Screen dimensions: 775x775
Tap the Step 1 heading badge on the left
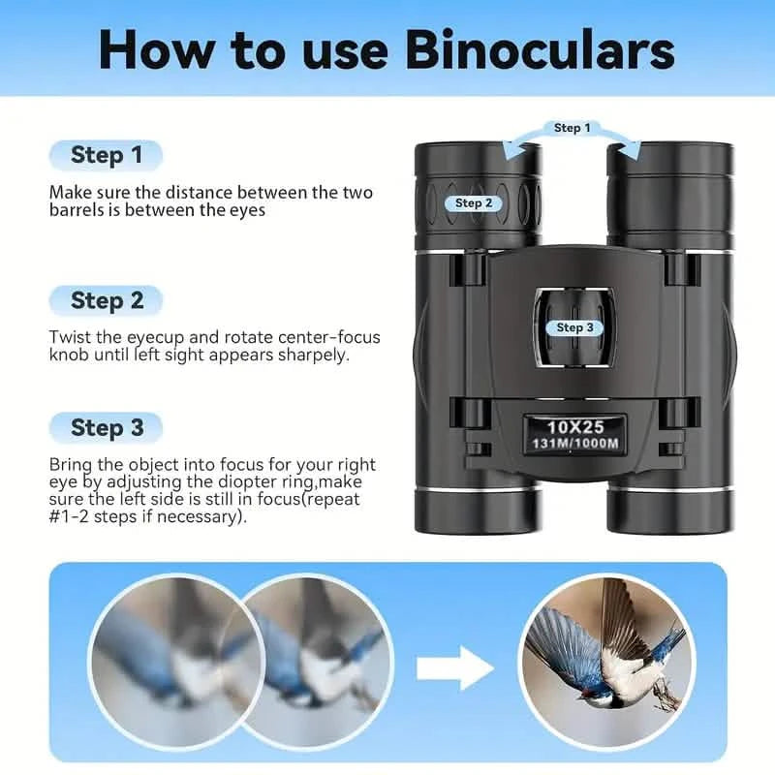[x=106, y=155]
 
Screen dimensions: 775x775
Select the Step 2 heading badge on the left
[x=106, y=300]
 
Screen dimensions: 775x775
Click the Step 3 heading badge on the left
[x=106, y=427]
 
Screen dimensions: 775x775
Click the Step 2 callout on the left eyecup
[x=475, y=203]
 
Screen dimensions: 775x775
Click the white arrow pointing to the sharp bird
[x=456, y=668]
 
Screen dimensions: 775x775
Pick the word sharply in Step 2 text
[x=313, y=355]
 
